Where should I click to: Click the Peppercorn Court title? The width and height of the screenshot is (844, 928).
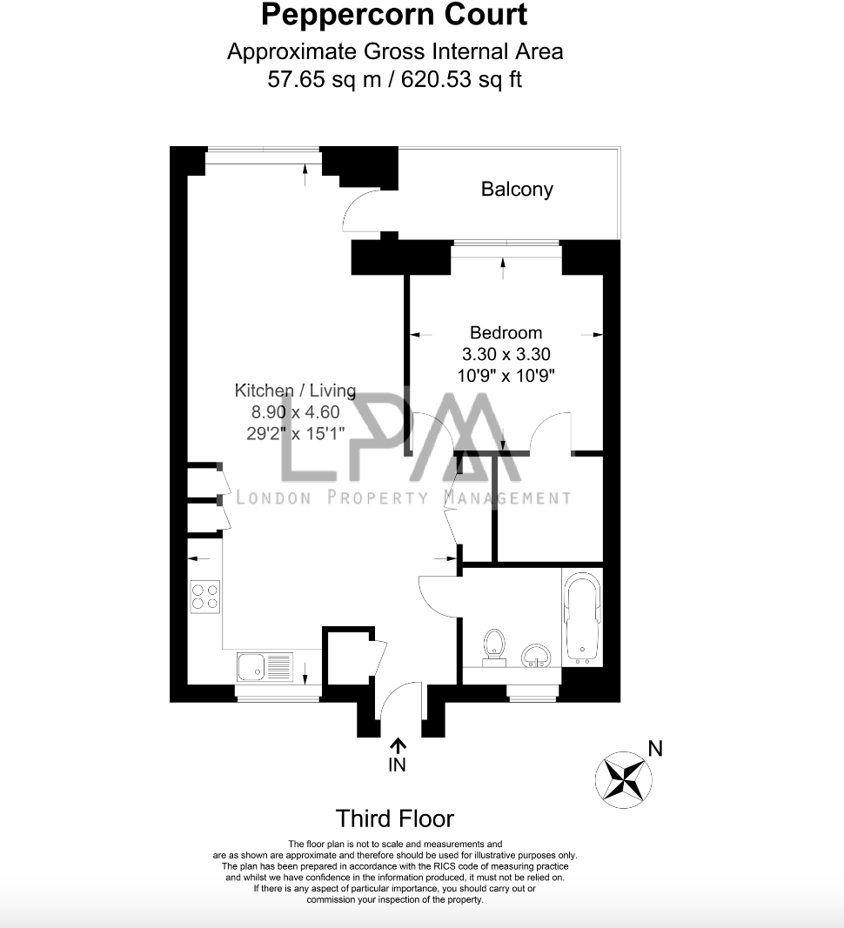pos(394,15)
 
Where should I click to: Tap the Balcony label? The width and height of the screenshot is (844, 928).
pos(517,190)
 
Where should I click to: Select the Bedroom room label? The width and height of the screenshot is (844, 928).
pos(506,332)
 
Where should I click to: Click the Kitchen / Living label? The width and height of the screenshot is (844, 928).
pos(295,391)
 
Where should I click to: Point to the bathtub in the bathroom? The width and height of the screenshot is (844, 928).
pos(582,617)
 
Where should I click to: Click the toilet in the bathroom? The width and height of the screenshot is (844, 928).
pos(494,648)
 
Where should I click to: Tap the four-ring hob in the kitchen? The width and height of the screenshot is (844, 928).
pos(205,597)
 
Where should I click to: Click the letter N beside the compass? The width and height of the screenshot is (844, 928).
pos(655,749)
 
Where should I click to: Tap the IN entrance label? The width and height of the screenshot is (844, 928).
pos(397,765)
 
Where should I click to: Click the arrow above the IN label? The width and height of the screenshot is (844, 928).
pos(398,744)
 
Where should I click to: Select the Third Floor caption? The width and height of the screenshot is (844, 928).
pos(395,818)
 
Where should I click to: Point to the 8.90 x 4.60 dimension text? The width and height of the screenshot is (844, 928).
pos(295,413)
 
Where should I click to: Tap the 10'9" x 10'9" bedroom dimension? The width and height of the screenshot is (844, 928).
pos(506,376)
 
